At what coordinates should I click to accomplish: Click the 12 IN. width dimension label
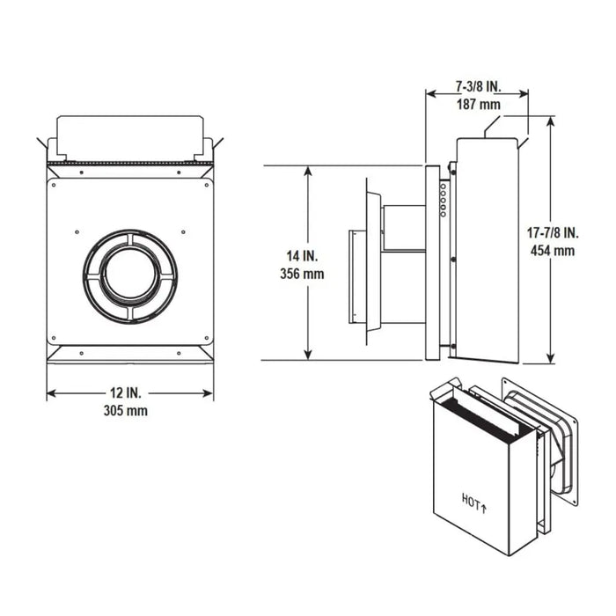126,392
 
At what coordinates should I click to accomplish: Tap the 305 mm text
126,411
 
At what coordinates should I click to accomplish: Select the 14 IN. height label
302,256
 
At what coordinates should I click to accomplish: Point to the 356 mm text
302,274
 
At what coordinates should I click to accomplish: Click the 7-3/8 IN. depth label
479,87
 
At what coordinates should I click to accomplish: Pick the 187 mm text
479,105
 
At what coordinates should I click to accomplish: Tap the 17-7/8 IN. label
553,233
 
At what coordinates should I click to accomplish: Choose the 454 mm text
553,251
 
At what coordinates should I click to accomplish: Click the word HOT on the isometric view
470,502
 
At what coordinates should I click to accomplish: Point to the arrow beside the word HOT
484,509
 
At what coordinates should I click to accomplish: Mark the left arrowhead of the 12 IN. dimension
51,392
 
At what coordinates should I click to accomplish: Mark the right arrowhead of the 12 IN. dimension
209,392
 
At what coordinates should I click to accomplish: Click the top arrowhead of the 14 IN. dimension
308,171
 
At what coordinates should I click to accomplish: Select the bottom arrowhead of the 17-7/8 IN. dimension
550,358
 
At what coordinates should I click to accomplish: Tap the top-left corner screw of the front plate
54,185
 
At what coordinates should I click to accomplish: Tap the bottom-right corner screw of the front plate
207,337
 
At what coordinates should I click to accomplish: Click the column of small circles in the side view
444,200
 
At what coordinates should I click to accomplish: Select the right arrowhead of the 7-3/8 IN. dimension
524,93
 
